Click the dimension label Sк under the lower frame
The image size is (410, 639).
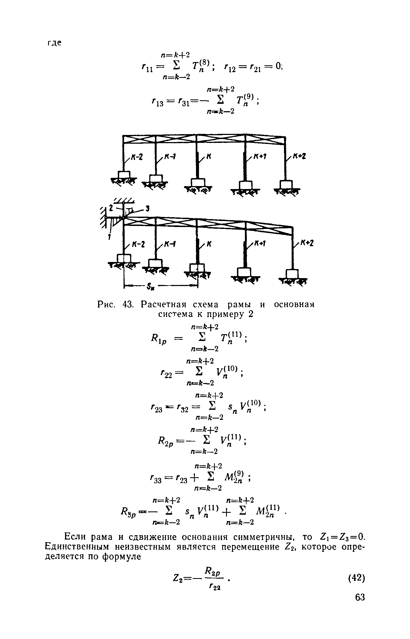(x=150, y=287)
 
